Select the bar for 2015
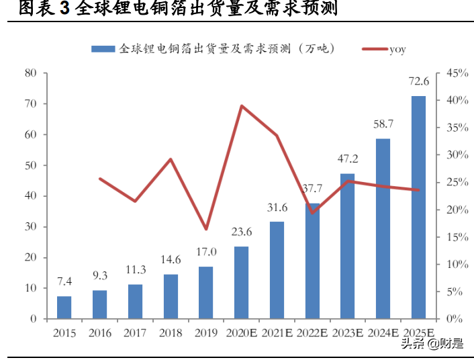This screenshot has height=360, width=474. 64,307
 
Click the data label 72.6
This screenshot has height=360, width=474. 418,81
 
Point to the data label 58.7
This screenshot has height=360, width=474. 383,124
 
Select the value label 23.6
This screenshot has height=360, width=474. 241,232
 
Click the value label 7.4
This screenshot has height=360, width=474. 64,281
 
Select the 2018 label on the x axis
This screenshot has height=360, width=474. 170,332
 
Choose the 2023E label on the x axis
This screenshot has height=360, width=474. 347,332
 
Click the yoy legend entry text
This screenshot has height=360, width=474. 397,49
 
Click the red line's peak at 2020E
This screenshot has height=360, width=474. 241,106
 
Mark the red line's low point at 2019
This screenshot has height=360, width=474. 205,229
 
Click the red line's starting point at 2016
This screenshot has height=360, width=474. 99,179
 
